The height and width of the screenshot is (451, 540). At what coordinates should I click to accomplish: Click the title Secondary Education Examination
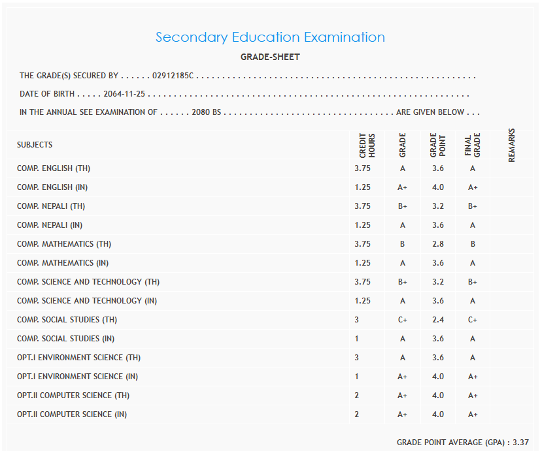coord(270,37)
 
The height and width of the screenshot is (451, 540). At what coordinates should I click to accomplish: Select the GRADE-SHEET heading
coord(270,57)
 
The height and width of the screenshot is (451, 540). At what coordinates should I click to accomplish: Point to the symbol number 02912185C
coord(173,76)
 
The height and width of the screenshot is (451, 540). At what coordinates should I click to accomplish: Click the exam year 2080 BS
coord(207,112)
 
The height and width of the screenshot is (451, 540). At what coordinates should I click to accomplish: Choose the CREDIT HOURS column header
coord(367,145)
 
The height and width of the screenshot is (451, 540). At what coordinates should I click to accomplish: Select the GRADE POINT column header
coord(437,145)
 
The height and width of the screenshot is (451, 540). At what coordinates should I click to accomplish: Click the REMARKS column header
coord(511,145)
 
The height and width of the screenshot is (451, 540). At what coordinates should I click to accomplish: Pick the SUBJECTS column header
coord(35,145)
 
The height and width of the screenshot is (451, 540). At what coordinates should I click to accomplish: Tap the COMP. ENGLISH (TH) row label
coord(54,168)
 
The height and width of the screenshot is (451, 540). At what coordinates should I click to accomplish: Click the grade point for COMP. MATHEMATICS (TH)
coord(437,244)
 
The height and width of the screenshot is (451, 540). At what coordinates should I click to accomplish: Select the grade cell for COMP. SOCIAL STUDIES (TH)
coord(402,320)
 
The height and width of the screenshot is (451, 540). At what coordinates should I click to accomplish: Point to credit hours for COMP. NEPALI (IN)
coord(362,225)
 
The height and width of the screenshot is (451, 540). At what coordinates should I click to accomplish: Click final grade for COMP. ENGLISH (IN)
coord(473,187)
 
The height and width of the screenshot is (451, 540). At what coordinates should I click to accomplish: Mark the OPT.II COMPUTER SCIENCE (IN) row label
coord(72,414)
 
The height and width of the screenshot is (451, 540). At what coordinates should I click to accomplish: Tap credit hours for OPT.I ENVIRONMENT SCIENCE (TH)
coord(357,358)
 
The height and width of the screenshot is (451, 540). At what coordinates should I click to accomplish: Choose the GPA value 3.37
coord(520,443)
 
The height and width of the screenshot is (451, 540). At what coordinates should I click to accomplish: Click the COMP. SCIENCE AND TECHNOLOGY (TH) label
coord(88,282)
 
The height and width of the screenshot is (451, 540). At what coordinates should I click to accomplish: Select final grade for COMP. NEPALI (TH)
coord(473,206)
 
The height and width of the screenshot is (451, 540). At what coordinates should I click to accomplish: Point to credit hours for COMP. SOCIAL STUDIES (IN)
coord(357,339)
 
